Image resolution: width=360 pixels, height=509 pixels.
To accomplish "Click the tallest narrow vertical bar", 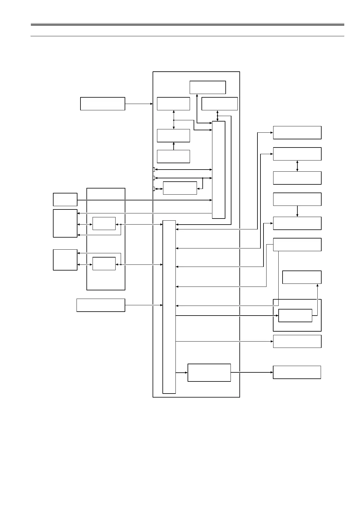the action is tap(169, 307).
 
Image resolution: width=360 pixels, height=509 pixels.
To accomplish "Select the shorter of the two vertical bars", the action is tap(219, 170).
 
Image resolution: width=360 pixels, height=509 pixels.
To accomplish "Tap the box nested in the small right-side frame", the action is tap(295, 316).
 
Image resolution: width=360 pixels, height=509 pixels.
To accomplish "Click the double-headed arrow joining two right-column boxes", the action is tap(297, 166).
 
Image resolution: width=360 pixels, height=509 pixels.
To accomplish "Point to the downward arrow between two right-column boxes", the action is tap(297, 211).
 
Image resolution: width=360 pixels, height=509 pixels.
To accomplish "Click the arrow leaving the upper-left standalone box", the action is tap(139, 104).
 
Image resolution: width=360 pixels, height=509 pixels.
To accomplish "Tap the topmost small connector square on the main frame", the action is tap(154, 170).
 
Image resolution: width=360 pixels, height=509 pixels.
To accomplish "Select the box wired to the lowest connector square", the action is tap(180, 188).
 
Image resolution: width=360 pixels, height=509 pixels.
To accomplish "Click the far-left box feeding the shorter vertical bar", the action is tap(65, 199).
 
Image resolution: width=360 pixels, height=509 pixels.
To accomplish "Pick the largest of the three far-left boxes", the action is tap(65, 223).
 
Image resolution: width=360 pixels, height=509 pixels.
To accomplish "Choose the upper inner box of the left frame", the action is tap(104, 223).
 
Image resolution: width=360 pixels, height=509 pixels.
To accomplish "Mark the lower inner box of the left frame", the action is tap(104, 264).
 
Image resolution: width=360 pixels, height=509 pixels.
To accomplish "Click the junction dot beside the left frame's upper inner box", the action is tap(121, 225).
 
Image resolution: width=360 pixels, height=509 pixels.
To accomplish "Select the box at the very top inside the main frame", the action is tap(208, 87).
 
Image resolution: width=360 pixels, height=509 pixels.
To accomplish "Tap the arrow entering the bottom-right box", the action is tap(252, 372).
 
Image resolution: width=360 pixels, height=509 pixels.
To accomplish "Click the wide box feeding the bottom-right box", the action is tap(209, 373).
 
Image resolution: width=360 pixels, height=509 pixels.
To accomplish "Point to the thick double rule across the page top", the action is tap(187, 24).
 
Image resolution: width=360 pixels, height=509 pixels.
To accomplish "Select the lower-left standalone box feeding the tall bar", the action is tap(101, 305).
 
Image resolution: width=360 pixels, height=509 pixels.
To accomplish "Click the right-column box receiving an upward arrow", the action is tap(302, 277).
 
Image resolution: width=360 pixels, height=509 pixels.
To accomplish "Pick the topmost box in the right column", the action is tap(297, 133).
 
